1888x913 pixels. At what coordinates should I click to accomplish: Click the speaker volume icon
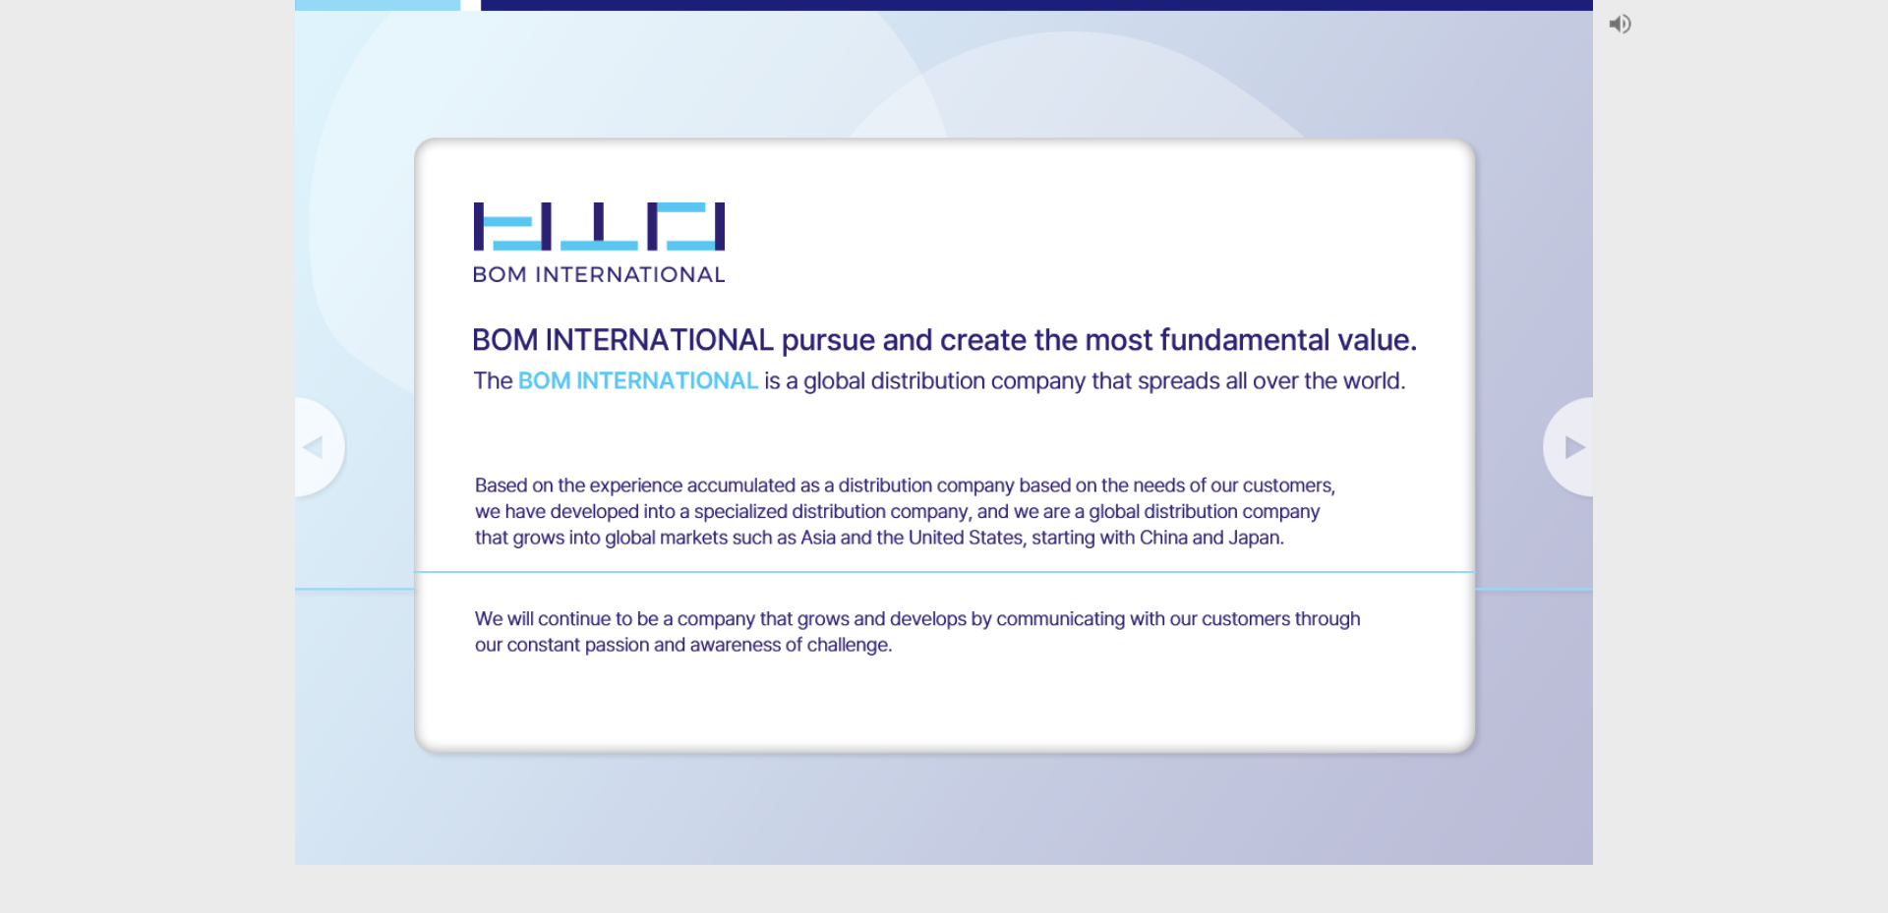click(1620, 24)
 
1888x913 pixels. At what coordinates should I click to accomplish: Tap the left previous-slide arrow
click(313, 447)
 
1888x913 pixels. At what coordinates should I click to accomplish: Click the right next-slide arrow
click(1574, 447)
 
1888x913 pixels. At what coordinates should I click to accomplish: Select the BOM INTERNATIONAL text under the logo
click(599, 274)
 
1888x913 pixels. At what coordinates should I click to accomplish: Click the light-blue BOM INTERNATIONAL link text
click(638, 380)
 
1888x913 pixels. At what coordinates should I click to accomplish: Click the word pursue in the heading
click(828, 341)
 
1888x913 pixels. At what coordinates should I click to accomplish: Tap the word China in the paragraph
click(1163, 538)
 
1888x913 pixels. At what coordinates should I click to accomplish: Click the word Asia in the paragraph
click(818, 538)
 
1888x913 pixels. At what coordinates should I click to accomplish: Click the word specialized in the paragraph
click(740, 512)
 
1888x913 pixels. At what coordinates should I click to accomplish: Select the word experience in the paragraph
click(635, 485)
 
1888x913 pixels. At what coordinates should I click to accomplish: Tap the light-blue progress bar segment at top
click(378, 5)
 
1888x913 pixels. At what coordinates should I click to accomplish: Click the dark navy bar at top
click(1036, 5)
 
